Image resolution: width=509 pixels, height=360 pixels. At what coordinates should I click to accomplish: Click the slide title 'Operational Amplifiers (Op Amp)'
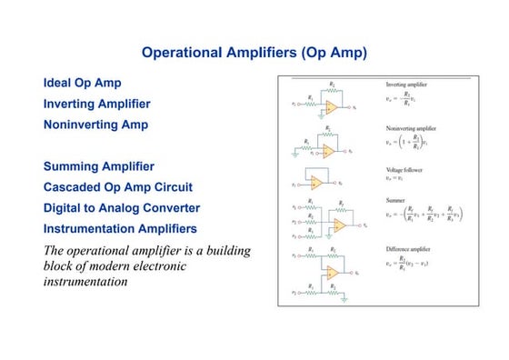254,53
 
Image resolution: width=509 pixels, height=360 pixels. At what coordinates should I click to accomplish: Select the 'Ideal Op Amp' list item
83,84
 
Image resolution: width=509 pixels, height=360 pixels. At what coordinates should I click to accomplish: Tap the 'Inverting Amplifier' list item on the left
97,105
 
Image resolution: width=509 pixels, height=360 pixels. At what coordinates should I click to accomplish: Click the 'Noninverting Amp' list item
95,125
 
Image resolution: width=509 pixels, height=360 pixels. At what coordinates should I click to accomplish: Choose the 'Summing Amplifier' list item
99,167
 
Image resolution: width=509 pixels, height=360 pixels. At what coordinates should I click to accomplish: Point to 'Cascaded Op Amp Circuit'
118,187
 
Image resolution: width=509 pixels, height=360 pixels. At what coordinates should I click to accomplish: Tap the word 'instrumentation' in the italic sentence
85,283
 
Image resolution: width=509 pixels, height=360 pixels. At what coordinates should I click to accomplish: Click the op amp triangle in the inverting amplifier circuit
332,106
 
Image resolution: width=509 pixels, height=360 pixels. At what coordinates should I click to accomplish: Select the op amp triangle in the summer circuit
339,225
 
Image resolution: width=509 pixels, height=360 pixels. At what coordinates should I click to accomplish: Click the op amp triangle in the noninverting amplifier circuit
328,151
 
